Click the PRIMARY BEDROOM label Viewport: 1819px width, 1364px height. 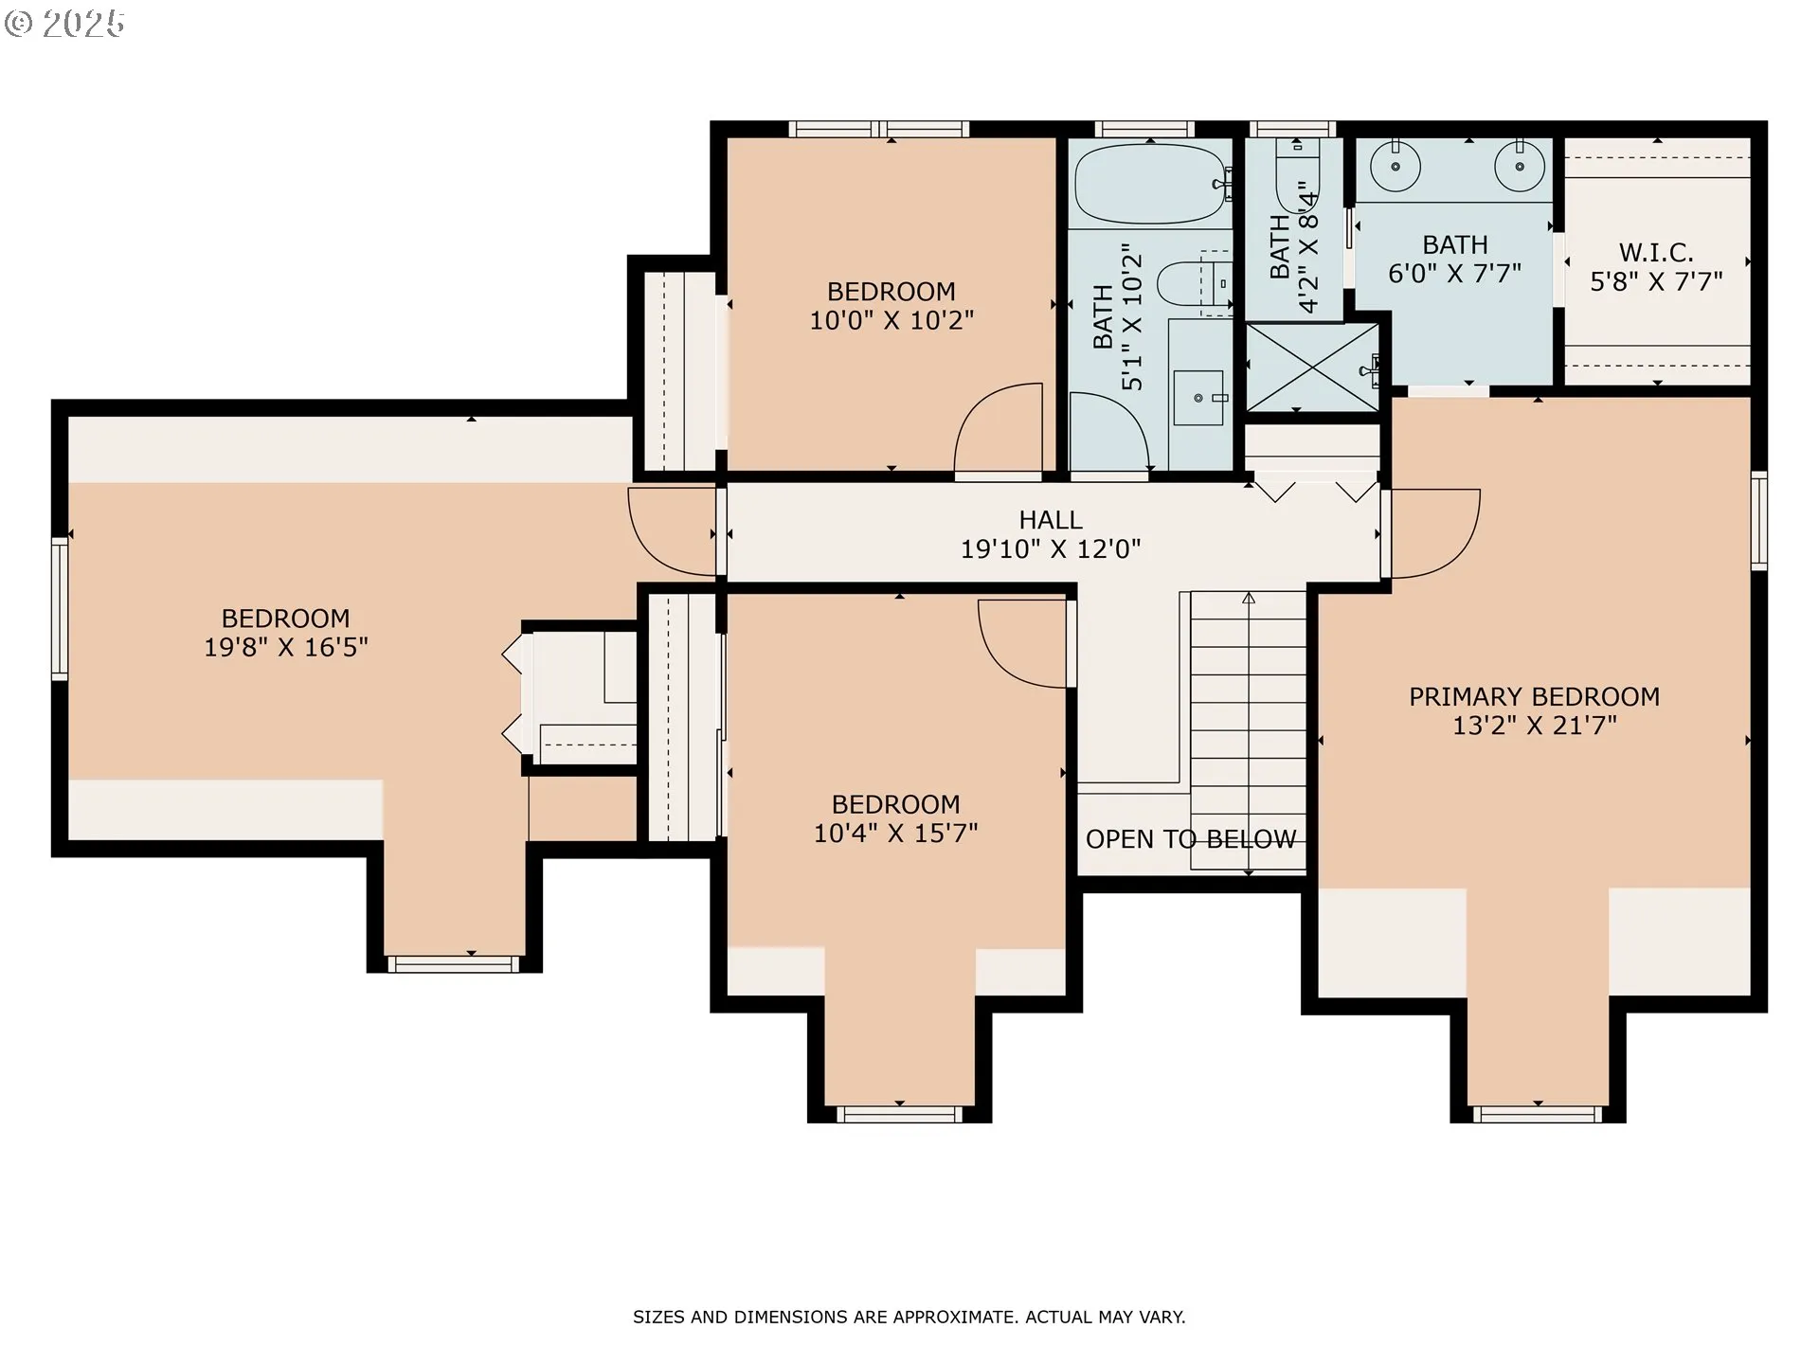[1534, 697]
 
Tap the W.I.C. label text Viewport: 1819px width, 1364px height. [1655, 253]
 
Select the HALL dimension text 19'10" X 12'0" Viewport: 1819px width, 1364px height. [1051, 549]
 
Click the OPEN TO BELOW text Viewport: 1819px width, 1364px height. [1191, 839]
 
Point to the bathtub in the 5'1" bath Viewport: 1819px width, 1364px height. [1150, 184]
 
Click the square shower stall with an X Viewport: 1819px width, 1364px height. [1311, 368]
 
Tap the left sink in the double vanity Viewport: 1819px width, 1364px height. [1396, 167]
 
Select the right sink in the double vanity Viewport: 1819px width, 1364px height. [1519, 167]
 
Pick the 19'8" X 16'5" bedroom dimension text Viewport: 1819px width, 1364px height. [286, 648]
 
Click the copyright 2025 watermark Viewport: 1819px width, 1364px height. [64, 24]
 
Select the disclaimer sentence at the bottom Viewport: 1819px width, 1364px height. [909, 1317]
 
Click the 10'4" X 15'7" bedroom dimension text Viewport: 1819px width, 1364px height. [895, 834]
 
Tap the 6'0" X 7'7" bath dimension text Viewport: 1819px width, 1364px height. [1454, 274]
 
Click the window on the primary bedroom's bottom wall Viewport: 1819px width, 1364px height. [1537, 1114]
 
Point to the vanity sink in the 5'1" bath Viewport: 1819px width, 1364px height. [1198, 398]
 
